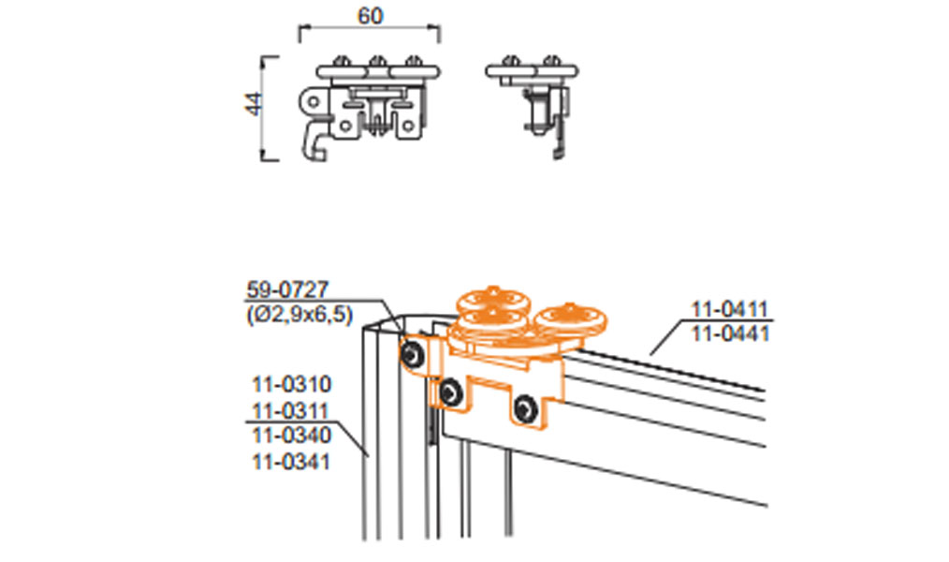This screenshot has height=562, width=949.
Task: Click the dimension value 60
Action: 371,16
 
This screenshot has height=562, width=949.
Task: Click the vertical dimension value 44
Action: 255,104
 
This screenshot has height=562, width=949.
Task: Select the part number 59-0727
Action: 288,289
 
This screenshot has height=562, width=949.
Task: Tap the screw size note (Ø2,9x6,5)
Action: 299,315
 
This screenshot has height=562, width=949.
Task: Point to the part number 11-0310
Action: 292,385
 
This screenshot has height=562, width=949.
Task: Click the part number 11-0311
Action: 290,410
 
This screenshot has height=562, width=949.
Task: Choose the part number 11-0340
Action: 292,436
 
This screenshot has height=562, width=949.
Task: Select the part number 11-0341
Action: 291,462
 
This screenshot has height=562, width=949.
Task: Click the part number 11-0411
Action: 730,309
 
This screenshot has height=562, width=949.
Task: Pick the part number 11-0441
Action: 730,333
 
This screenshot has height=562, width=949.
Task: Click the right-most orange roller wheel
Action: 571,319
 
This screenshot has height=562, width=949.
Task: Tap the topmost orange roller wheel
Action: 493,301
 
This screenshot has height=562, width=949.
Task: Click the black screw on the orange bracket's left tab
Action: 412,353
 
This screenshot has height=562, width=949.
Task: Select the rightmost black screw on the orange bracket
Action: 525,408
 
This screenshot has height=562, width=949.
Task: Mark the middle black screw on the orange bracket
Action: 450,392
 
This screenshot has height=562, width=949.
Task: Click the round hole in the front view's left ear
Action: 313,101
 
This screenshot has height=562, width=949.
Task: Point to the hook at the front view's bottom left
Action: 314,143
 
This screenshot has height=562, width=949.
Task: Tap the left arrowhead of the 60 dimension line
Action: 302,26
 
